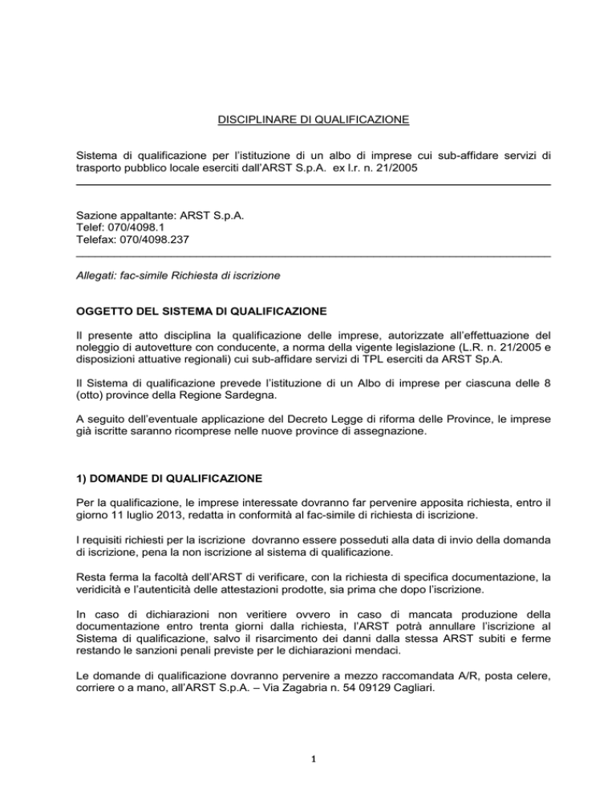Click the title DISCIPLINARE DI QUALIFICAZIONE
(313, 121)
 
